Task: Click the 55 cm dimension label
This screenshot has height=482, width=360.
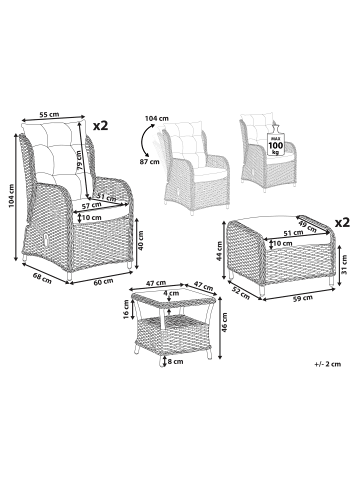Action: [x=49, y=114]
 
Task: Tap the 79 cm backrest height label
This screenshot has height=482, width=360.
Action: [x=79, y=160]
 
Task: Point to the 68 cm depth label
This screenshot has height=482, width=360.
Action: [x=42, y=278]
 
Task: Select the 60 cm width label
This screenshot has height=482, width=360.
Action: [x=103, y=282]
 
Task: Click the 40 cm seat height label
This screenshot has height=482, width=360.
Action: [x=141, y=240]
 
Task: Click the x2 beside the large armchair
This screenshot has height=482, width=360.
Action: [x=100, y=126]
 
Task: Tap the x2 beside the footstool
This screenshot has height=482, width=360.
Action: [x=342, y=222]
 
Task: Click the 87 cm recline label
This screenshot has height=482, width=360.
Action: [x=150, y=162]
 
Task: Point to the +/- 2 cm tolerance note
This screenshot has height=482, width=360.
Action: [x=328, y=364]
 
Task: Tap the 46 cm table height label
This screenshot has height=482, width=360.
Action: [x=224, y=322]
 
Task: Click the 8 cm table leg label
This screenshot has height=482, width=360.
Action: [x=176, y=361]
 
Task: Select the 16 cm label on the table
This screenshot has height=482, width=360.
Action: [x=126, y=309]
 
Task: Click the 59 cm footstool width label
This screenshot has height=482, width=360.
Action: [x=302, y=298]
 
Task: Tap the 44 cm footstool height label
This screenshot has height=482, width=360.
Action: [x=219, y=251]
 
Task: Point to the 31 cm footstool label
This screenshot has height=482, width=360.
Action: [x=344, y=264]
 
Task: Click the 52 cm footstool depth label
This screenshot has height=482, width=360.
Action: [x=242, y=293]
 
